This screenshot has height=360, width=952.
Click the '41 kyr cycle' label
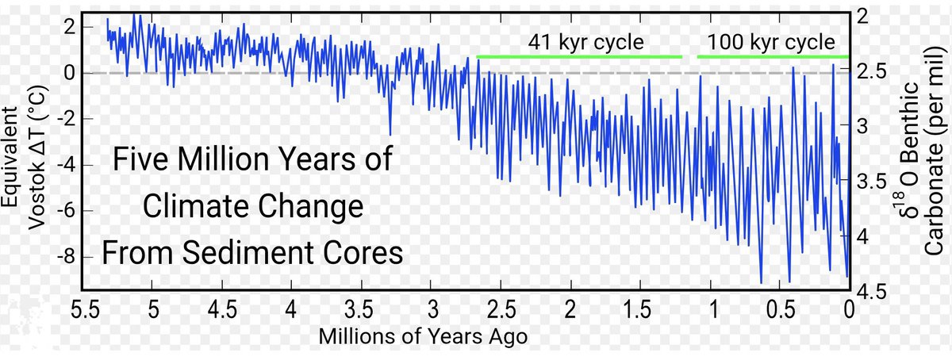(x=586, y=42)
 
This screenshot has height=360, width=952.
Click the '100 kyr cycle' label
(x=771, y=42)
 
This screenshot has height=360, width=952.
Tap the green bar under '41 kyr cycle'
(x=579, y=57)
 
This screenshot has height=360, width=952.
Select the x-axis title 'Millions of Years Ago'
(x=423, y=336)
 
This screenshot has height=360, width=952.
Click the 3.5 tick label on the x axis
(x=362, y=308)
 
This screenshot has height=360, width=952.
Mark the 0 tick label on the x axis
(x=850, y=308)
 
